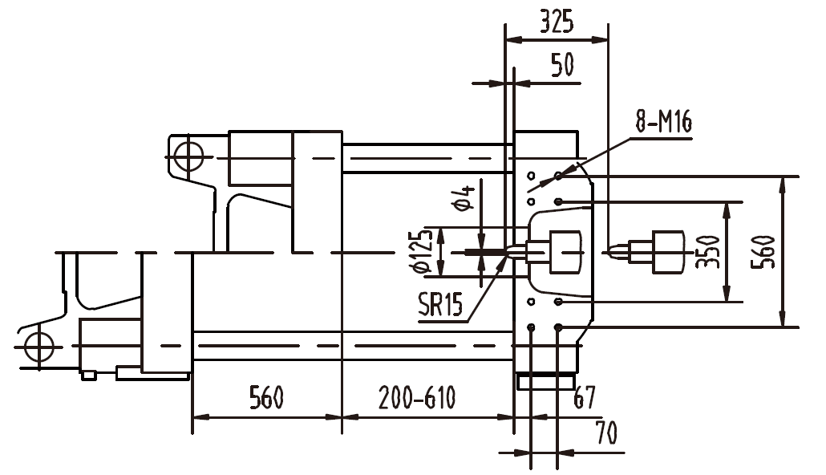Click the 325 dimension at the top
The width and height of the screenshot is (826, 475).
(556, 22)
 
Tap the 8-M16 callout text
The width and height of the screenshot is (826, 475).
(663, 122)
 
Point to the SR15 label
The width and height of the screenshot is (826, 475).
(440, 304)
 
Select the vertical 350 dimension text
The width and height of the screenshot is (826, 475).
(708, 251)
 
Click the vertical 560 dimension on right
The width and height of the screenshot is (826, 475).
(766, 251)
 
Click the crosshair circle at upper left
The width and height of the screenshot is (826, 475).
(187, 156)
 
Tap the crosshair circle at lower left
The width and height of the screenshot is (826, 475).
(38, 347)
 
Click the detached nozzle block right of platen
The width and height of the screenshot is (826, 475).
(667, 251)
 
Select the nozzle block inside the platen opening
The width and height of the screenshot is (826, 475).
(565, 251)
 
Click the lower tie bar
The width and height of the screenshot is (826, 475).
(353, 346)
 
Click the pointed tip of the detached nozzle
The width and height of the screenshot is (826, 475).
(612, 251)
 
